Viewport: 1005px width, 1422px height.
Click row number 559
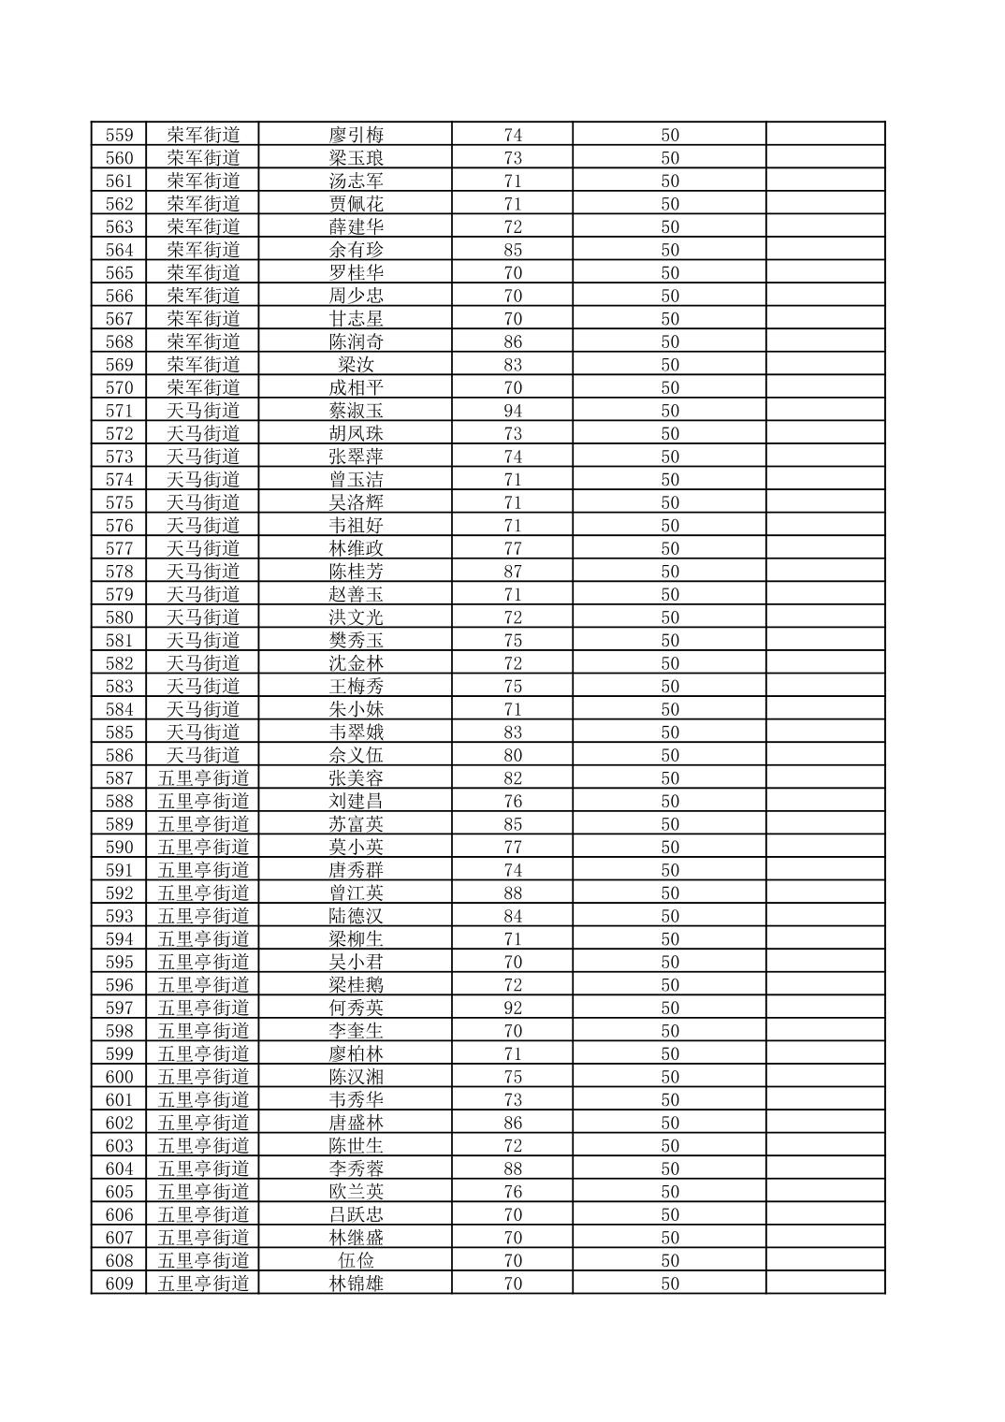pyautogui.click(x=119, y=135)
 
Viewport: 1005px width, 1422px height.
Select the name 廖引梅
pyautogui.click(x=356, y=135)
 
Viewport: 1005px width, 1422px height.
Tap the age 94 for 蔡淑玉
pyautogui.click(x=512, y=411)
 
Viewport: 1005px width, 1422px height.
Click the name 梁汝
pyautogui.click(x=356, y=365)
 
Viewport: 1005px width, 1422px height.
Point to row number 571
pyautogui.click(x=119, y=411)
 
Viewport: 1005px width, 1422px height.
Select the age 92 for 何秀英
pyautogui.click(x=512, y=1008)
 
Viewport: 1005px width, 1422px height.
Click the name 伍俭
pyautogui.click(x=356, y=1261)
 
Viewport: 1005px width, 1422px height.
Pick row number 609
pyautogui.click(x=119, y=1284)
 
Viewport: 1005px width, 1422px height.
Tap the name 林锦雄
pyautogui.click(x=356, y=1284)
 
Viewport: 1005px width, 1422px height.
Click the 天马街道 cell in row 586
pyautogui.click(x=203, y=755)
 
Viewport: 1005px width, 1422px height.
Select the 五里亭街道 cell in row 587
pyautogui.click(x=203, y=778)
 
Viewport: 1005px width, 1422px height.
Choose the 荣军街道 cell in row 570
pyautogui.click(x=203, y=387)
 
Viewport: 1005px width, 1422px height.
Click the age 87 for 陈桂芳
pyautogui.click(x=512, y=572)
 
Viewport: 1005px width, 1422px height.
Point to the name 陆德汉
pyautogui.click(x=356, y=916)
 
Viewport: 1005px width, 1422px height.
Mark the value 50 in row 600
pyautogui.click(x=670, y=1077)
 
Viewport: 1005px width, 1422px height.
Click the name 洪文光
pyautogui.click(x=356, y=617)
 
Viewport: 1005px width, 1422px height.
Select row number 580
pyautogui.click(x=119, y=617)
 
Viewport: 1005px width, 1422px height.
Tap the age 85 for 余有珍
pyautogui.click(x=512, y=250)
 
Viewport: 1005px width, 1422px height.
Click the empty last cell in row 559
pyautogui.click(x=824, y=135)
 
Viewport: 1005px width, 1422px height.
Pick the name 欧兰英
pyautogui.click(x=356, y=1192)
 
